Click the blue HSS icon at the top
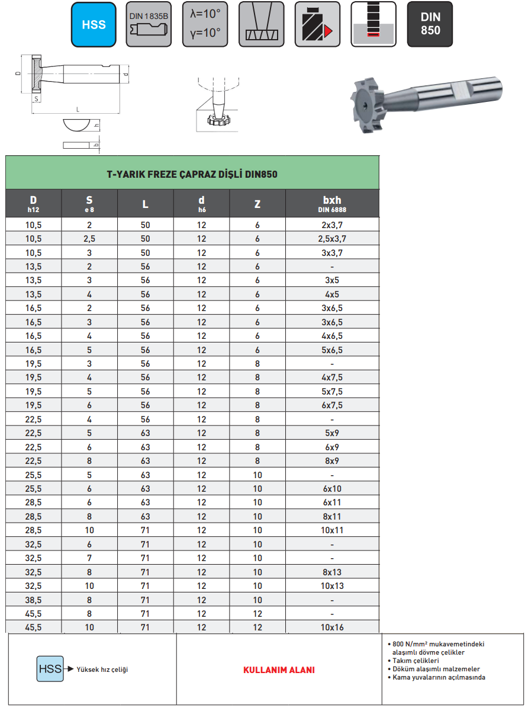click(x=94, y=24)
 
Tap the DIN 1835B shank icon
click(x=149, y=24)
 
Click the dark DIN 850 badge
click(x=430, y=24)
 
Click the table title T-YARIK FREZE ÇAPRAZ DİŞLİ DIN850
click(x=192, y=174)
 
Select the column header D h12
click(x=34, y=203)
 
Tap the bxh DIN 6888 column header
click(x=331, y=203)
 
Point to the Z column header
click(x=257, y=204)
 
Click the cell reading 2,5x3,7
click(x=331, y=239)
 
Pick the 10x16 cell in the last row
click(x=331, y=627)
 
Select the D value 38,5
click(x=34, y=600)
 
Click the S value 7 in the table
click(x=89, y=558)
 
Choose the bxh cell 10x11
click(x=331, y=530)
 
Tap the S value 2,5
click(x=89, y=239)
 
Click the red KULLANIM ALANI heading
click(x=279, y=670)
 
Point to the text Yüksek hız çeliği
click(x=102, y=670)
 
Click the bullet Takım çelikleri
click(x=417, y=660)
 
